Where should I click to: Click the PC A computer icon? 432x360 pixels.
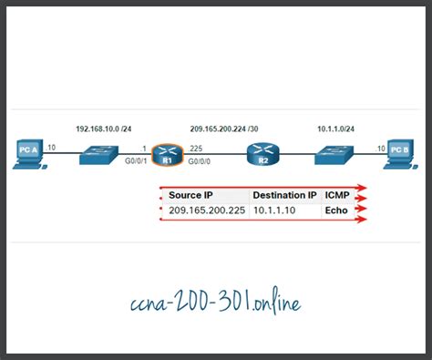[29, 154]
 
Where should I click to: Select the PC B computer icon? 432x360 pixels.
[398, 154]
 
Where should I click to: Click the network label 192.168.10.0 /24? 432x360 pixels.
[105, 129]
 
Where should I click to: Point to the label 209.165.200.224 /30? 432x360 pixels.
[230, 129]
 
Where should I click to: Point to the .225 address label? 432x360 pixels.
[196, 147]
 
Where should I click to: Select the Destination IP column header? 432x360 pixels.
[284, 195]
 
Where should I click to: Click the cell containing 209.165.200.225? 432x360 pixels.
[207, 211]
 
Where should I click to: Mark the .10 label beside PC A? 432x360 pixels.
[51, 147]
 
